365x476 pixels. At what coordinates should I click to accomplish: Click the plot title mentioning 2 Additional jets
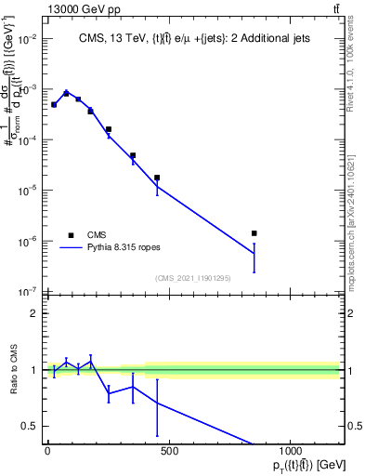193,38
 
